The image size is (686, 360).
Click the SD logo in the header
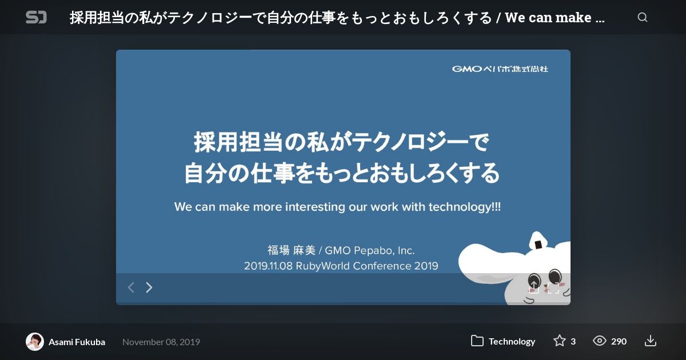[36, 17]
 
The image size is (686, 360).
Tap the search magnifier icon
[643, 18]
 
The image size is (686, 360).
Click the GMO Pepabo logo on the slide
[500, 69]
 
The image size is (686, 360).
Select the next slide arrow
[149, 287]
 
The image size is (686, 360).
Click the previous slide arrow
[131, 287]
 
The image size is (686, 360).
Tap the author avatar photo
[35, 342]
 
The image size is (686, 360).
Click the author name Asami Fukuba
[77, 342]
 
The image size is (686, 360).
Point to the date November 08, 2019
[161, 342]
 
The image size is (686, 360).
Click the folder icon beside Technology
[477, 341]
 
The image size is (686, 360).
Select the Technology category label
[512, 341]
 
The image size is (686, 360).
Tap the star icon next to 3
[560, 341]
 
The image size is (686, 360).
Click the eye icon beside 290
[599, 341]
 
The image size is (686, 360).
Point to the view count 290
[619, 341]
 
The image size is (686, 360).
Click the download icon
[650, 341]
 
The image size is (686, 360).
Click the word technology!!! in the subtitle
[465, 207]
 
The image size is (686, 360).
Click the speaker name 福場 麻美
[292, 250]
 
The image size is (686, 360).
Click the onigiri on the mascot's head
[539, 241]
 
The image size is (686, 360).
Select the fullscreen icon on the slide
[553, 288]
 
